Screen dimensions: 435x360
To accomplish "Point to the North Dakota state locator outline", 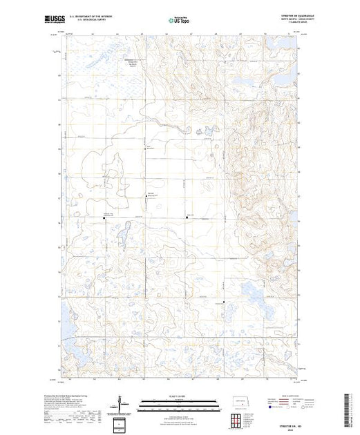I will (x=240, y=401).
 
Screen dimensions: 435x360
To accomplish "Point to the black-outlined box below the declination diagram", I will (x=122, y=423).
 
